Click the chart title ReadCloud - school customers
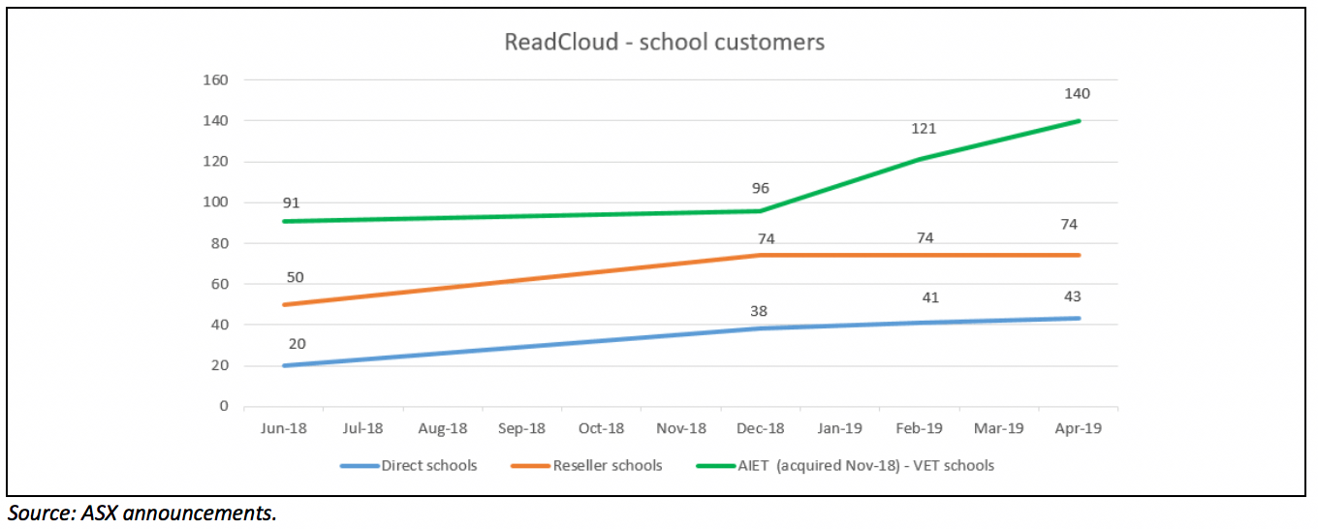[x=664, y=43]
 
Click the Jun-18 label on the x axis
[x=283, y=428]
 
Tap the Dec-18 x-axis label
[x=761, y=428]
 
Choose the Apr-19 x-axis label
[x=1079, y=428]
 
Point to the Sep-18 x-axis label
[x=521, y=428]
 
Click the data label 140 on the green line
[x=1077, y=94]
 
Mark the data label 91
[x=291, y=203]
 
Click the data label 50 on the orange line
[x=295, y=278]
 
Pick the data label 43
[x=1071, y=296]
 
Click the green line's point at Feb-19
[x=920, y=159]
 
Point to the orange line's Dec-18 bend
[x=761, y=256]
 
